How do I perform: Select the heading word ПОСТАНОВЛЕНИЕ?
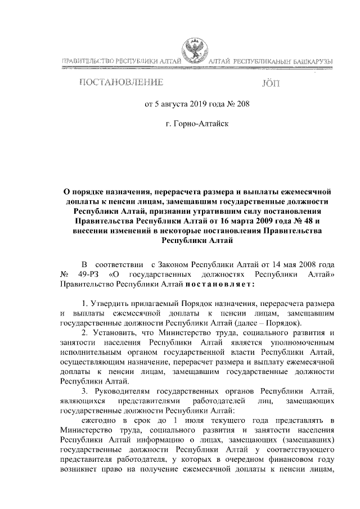[x=121, y=84]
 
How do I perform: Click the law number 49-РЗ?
[x=88, y=274]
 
